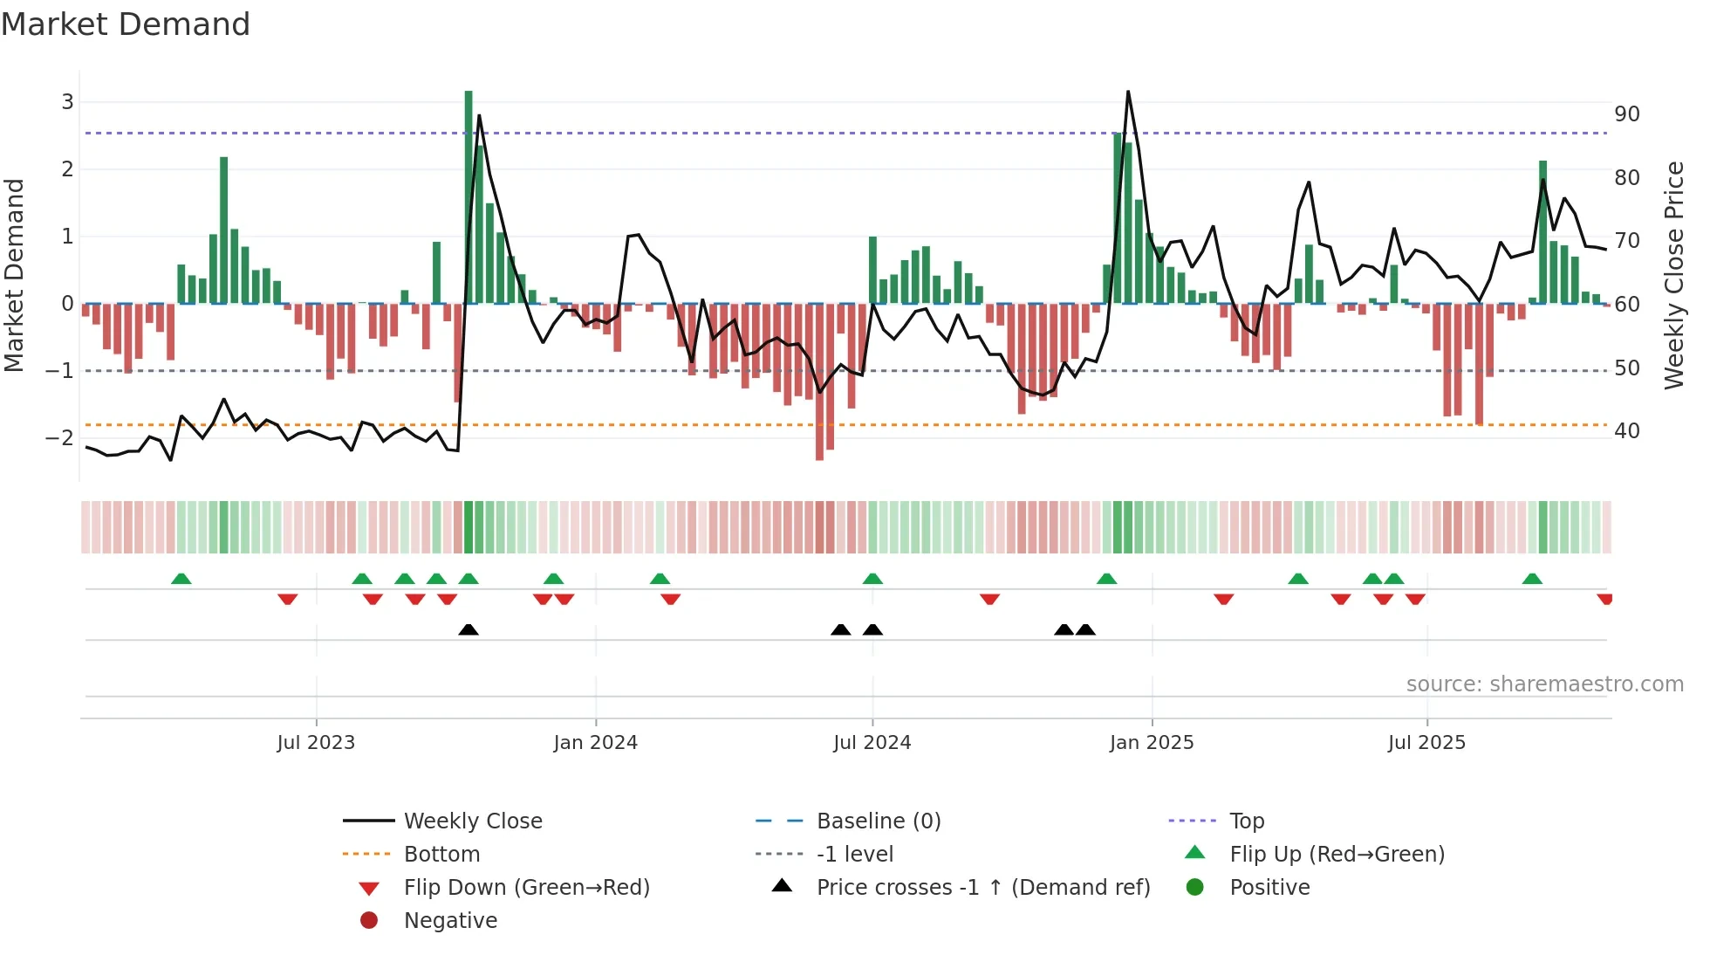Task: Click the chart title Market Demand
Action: point(126,24)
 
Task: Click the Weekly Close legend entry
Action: point(472,821)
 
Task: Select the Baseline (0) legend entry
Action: point(878,821)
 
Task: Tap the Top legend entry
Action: point(1246,821)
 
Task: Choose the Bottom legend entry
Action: point(441,855)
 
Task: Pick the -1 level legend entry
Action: point(854,855)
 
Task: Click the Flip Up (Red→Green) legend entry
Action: point(1337,855)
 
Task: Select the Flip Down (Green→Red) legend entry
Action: point(526,888)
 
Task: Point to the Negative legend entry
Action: point(450,921)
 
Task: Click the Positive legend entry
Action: point(1269,888)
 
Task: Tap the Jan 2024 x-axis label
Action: point(595,743)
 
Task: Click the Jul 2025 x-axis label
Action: point(1426,743)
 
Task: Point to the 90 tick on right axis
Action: point(1626,114)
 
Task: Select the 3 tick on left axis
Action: point(67,102)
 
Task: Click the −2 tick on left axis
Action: point(60,438)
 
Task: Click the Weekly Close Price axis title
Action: point(1673,275)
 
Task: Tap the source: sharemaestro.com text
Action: point(1544,684)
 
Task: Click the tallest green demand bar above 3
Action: point(469,175)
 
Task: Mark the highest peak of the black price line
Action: point(1128,92)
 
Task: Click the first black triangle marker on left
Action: point(469,629)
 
